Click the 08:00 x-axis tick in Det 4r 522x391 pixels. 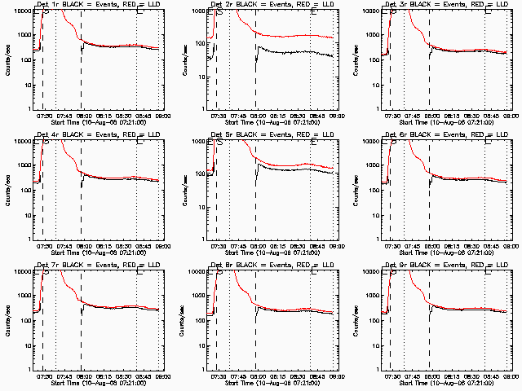[82, 246]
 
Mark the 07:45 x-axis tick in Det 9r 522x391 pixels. [415, 376]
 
